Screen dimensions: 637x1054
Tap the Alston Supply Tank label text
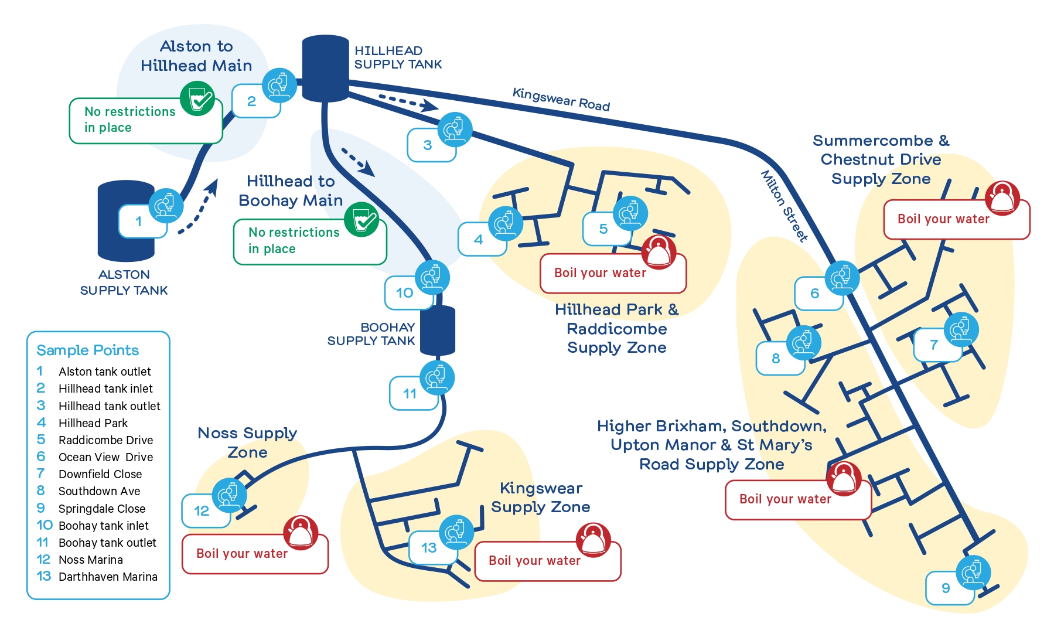pos(124,282)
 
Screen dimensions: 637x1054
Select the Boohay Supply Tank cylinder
pos(437,330)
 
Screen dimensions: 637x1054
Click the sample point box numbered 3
pos(429,145)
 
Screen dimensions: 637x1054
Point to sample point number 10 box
pos(405,293)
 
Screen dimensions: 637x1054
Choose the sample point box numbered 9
pos(947,588)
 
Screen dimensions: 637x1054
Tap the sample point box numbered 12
pos(203,511)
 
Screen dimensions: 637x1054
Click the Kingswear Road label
pos(561,99)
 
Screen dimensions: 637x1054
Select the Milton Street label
pos(784,206)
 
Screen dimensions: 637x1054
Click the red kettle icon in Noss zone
pos(301,532)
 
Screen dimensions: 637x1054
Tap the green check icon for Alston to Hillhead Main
pos(197,98)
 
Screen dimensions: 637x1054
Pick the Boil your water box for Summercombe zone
pos(943,220)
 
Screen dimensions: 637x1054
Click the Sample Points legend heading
pos(87,350)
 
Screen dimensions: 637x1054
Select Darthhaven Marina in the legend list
pos(108,577)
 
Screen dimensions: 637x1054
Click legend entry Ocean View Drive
pos(105,457)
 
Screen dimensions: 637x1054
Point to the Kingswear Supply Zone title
pos(540,498)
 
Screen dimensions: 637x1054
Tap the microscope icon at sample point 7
pos(961,329)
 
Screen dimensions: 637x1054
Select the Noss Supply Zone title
pos(247,442)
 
